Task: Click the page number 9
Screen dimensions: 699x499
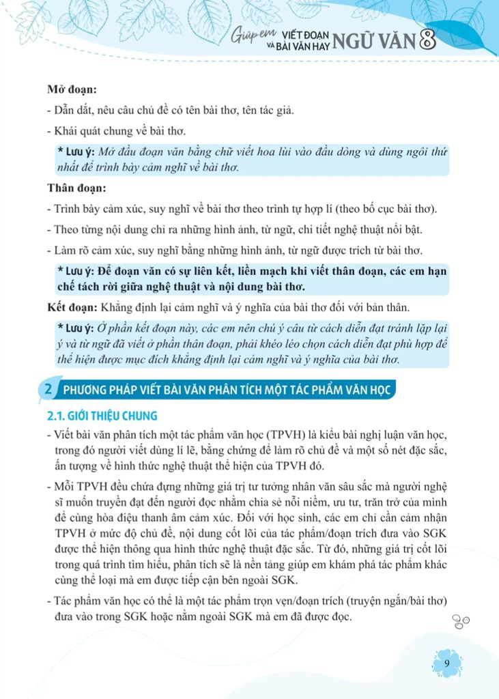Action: (x=446, y=664)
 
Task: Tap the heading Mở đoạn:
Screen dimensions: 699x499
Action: (x=71, y=89)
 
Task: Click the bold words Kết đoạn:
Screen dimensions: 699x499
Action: (x=72, y=305)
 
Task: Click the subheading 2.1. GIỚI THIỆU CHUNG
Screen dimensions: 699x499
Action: (x=101, y=415)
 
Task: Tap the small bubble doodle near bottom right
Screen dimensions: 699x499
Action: (x=461, y=620)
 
